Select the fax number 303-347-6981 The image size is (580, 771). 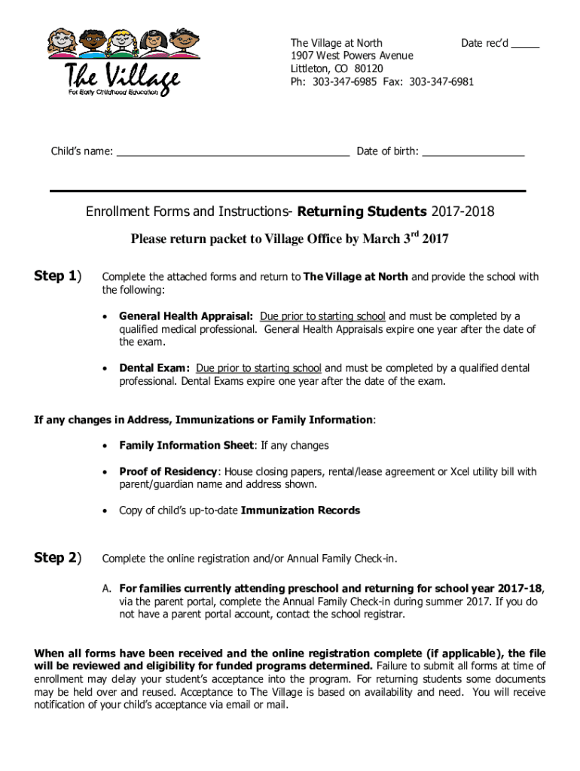(x=441, y=81)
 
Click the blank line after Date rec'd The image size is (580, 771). (x=525, y=47)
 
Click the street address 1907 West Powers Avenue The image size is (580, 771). (x=352, y=56)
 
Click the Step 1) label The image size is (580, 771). (x=57, y=276)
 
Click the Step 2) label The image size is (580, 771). (x=57, y=558)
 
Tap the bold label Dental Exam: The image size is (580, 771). (x=154, y=368)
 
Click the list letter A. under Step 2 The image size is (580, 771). (x=107, y=588)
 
